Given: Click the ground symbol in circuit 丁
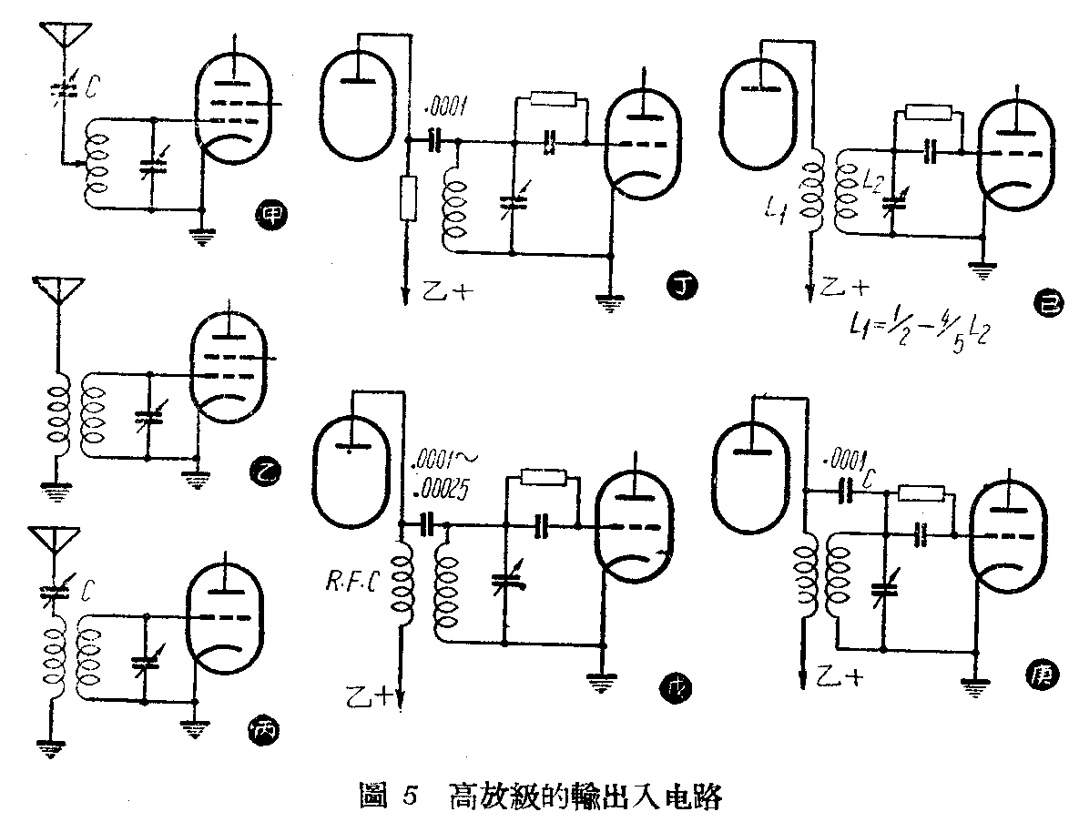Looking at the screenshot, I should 608,302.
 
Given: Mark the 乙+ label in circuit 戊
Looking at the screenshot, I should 372,695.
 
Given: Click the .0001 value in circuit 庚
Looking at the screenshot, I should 842,458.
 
